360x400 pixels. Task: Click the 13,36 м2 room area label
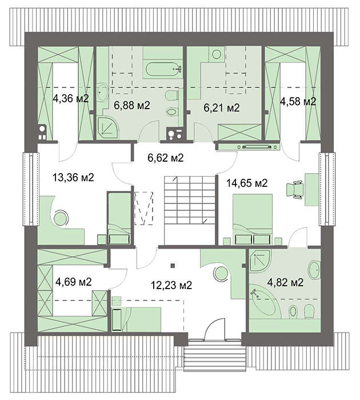73,177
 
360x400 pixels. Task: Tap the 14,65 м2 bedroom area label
247,183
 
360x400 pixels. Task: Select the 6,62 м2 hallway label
166,158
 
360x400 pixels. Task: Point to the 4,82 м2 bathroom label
285,282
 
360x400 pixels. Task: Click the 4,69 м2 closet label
74,282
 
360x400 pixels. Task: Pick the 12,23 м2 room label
171,285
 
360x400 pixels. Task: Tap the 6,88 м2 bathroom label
132,105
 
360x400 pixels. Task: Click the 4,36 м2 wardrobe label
71,98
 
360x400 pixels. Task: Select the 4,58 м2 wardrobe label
298,101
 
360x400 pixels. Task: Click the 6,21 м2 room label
222,107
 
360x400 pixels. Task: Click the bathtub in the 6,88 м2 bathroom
164,69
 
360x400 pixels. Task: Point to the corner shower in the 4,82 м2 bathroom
260,260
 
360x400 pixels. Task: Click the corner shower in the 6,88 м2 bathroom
107,127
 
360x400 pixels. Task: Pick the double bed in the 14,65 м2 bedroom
253,219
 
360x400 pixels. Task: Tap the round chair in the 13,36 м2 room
61,218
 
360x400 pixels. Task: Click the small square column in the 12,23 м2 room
173,266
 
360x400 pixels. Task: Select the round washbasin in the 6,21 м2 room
217,54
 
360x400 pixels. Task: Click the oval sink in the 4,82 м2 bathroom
314,270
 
